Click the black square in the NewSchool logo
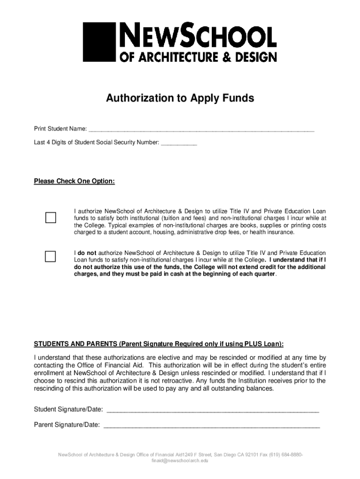pos(99,42)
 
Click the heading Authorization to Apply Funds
pos(180,98)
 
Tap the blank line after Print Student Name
pos(201,130)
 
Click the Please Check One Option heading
pos(74,181)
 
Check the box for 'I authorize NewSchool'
pos(50,218)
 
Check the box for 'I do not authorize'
pos(50,256)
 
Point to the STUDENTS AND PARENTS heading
pos(158,344)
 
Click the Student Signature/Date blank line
pos(213,410)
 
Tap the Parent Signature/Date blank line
pos(211,426)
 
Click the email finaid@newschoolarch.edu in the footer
pos(180,461)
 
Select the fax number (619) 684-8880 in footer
pos(284,455)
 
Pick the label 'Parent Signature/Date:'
pos(67,425)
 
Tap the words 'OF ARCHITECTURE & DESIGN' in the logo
pos(198,57)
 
